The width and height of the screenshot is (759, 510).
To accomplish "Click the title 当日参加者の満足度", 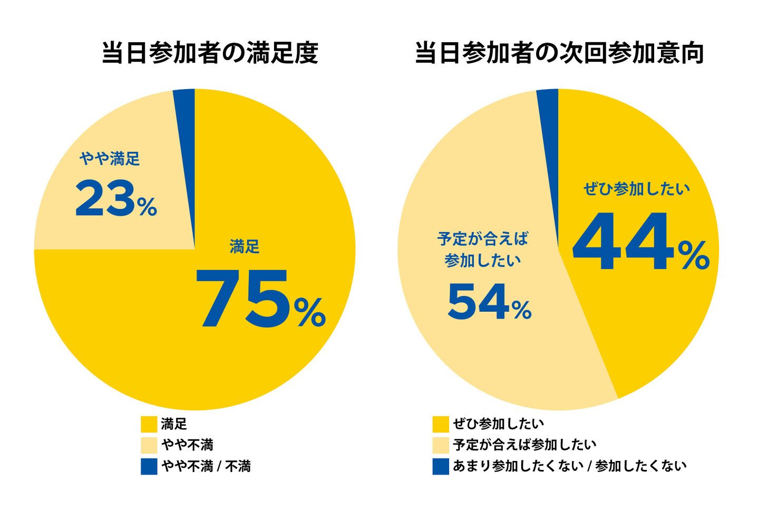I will coord(210,53).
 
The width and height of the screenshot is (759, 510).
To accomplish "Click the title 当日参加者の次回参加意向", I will coord(559,53).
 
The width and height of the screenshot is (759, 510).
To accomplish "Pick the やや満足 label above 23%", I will coord(110,158).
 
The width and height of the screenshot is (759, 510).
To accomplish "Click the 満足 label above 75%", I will coord(245,246).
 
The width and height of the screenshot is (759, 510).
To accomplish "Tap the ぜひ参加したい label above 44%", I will coord(636,189).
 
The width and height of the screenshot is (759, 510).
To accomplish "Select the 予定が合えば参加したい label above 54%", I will coord(482,249).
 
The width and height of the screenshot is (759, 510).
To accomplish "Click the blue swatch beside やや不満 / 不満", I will coord(149,466).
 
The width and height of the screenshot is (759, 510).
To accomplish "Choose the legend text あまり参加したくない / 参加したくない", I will coord(569,466).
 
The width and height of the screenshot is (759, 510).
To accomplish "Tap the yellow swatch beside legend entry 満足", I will coord(149,424).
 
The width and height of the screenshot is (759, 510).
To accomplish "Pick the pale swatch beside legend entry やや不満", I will coord(149,445).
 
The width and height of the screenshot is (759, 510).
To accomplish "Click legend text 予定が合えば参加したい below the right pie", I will coord(524,445).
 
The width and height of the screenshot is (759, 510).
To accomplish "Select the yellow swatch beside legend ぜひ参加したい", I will coord(441,424).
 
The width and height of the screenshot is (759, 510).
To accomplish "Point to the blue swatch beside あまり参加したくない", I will coord(441,466).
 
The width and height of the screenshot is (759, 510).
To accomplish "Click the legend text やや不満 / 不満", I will coord(206,466).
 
